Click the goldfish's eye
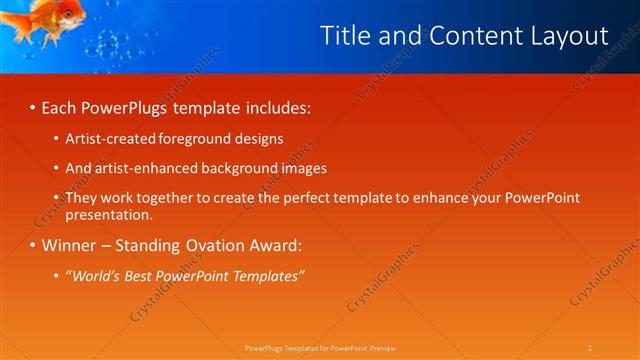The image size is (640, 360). click(x=69, y=12)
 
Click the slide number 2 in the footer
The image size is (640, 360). click(x=590, y=347)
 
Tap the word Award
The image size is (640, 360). click(x=274, y=244)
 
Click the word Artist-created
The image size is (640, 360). click(x=112, y=139)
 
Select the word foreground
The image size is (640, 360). click(x=198, y=139)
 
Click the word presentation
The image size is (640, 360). click(x=109, y=214)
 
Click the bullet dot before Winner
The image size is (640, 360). click(x=32, y=245)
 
